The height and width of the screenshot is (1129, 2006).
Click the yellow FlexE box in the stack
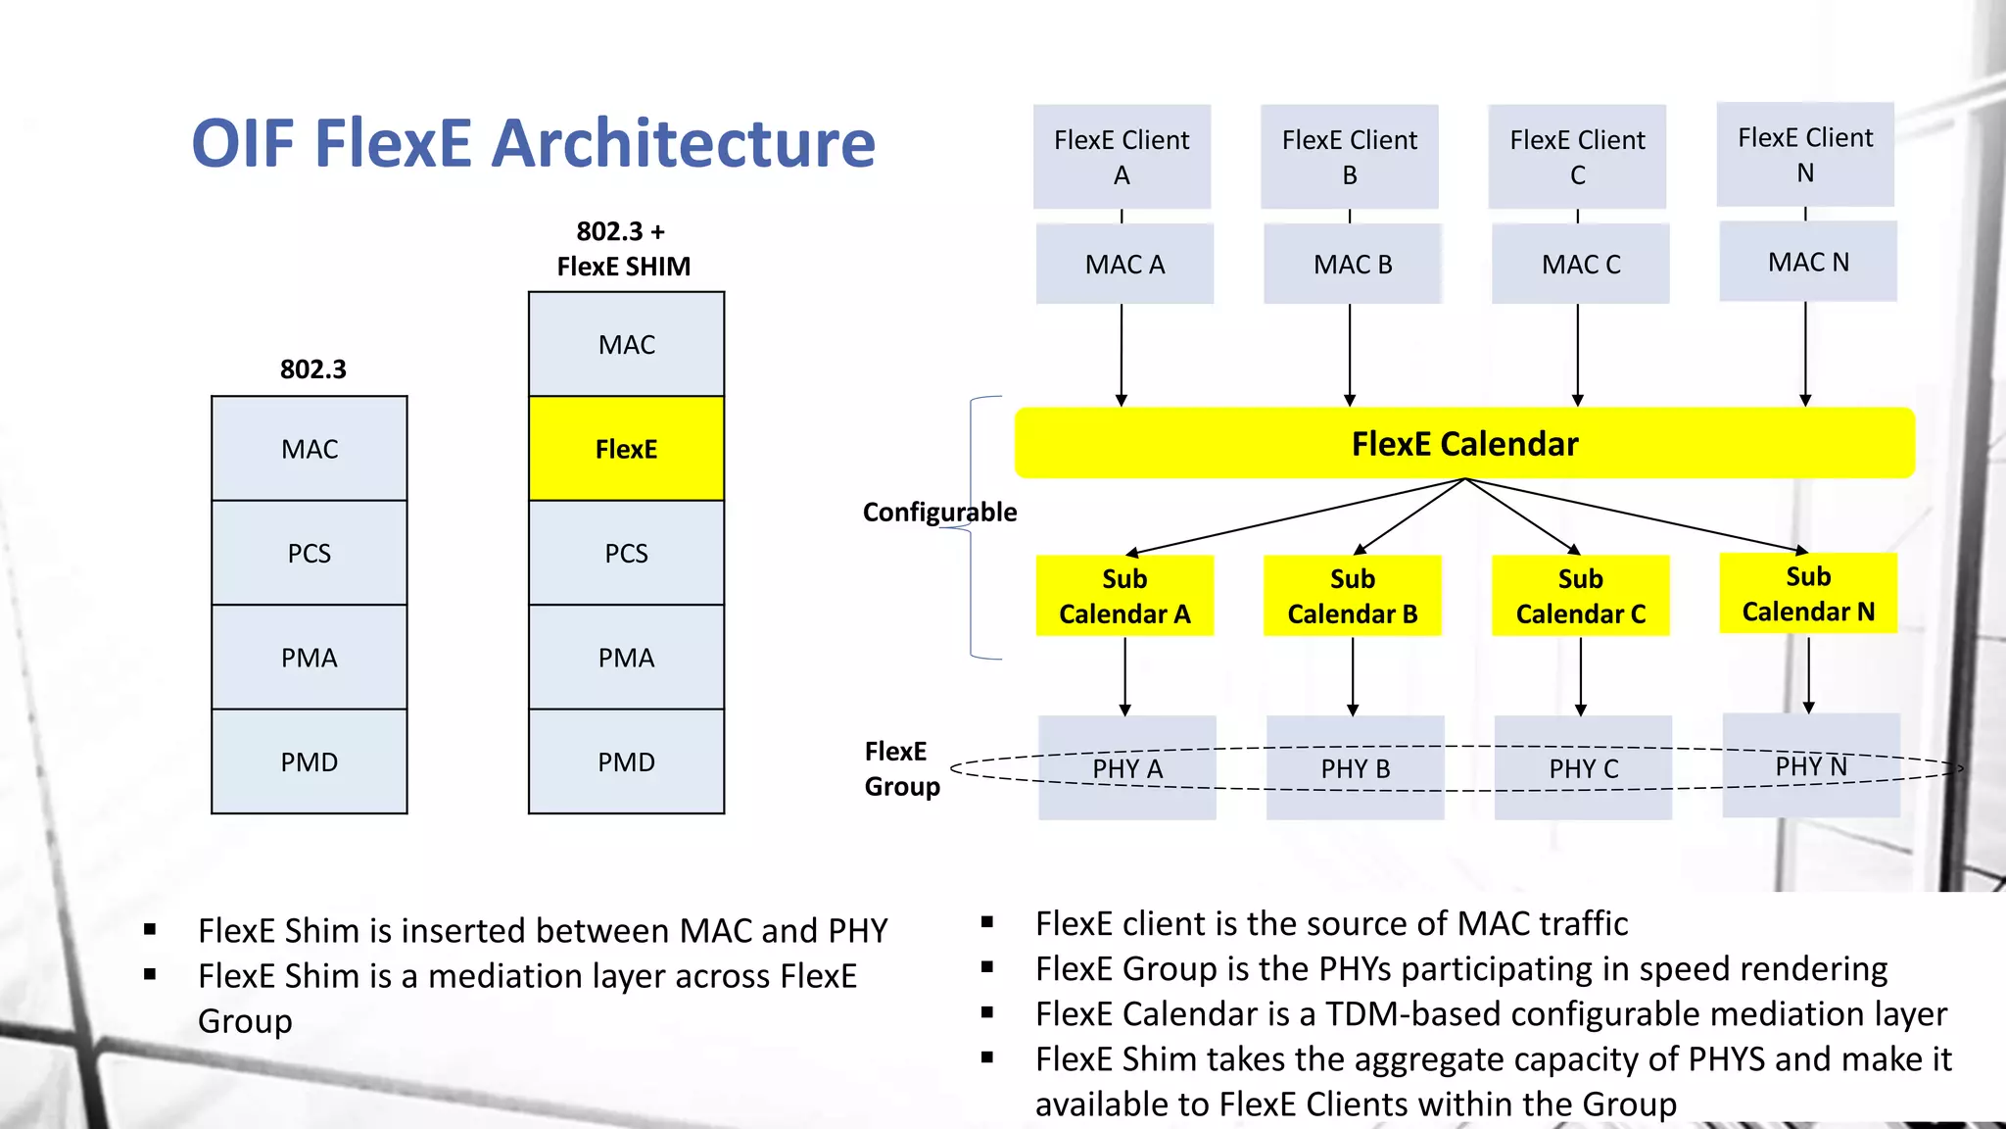(626, 449)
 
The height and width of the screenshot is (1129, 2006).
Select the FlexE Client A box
(1122, 157)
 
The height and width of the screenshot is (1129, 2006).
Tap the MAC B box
(1352, 264)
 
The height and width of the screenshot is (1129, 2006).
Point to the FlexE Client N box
(1804, 154)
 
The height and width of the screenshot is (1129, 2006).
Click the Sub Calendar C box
(1580, 596)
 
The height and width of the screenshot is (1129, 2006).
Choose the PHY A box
(1126, 767)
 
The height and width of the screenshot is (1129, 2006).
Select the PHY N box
(1810, 765)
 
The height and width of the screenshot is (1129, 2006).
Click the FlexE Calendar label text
(1464, 444)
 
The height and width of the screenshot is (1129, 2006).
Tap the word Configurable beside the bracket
(938, 513)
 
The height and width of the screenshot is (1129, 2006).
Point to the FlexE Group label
(900, 768)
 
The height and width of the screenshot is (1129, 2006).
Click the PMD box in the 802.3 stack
(309, 761)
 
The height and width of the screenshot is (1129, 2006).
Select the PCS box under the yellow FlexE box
(626, 553)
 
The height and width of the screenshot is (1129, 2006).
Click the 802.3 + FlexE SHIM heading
(623, 249)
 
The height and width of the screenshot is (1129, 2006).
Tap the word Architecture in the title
(683, 144)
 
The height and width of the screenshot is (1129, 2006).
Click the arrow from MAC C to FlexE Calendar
(1577, 353)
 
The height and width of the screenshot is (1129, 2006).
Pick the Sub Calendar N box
(1807, 594)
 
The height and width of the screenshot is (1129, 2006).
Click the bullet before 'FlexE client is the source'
(987, 922)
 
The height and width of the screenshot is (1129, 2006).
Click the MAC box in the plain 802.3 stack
(309, 449)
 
